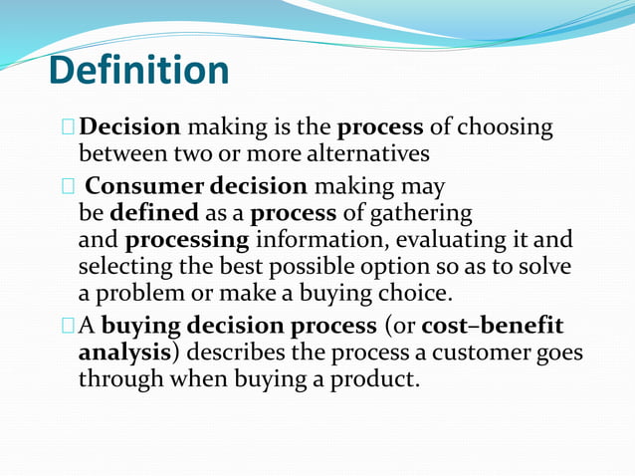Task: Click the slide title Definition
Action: click(x=138, y=71)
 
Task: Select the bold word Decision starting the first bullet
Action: click(x=129, y=127)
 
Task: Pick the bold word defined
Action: click(x=154, y=213)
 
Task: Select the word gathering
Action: click(x=422, y=213)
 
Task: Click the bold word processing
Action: click(x=187, y=240)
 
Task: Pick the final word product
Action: click(x=374, y=379)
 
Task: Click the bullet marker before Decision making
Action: click(x=67, y=127)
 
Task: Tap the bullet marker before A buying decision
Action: click(x=67, y=326)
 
